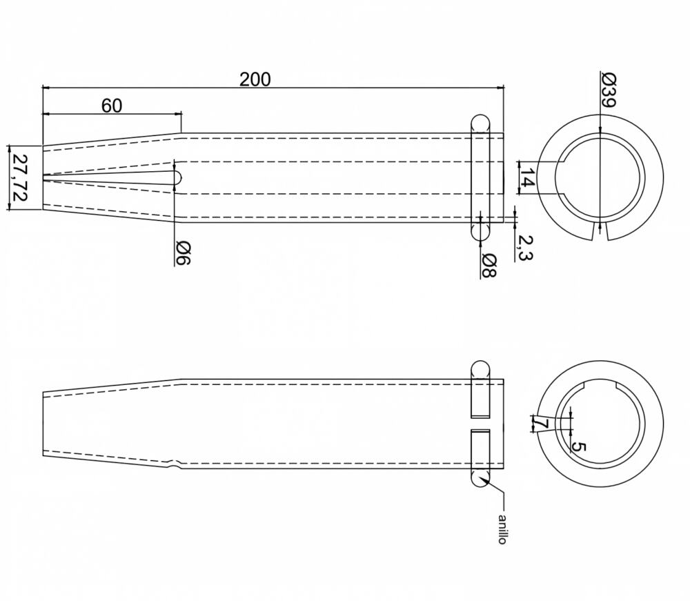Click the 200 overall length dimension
[x=255, y=79]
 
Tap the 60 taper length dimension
[x=112, y=106]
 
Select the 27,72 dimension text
[x=19, y=177]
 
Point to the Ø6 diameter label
[x=183, y=253]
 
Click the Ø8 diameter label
[x=489, y=265]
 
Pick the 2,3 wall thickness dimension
[x=524, y=247]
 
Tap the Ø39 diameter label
[x=609, y=90]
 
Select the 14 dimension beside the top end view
[x=527, y=178]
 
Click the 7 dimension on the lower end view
[x=541, y=424]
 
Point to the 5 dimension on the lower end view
[x=579, y=447]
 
